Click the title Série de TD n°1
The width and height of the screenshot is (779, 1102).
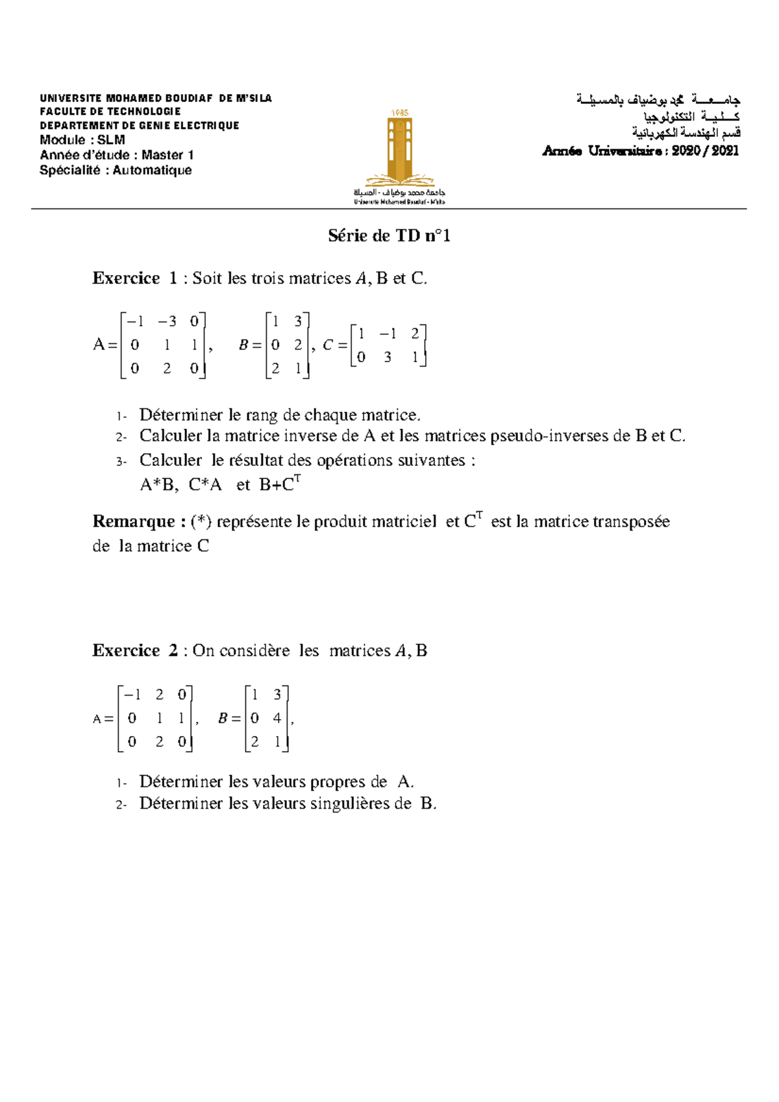point(389,236)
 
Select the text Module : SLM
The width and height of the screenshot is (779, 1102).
point(82,140)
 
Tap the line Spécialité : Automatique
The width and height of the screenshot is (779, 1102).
point(116,170)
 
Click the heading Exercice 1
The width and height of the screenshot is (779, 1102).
point(135,278)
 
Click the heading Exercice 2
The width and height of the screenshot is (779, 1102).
point(135,650)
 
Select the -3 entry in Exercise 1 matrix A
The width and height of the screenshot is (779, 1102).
point(167,321)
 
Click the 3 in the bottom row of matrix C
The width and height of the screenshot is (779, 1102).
point(388,357)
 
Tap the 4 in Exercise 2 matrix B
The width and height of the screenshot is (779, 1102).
point(277,718)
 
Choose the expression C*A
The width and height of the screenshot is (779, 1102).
point(205,485)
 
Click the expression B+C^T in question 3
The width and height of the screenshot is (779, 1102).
point(279,484)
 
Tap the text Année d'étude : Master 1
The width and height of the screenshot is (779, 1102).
point(117,155)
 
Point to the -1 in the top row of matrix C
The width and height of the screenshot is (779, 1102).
point(388,334)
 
